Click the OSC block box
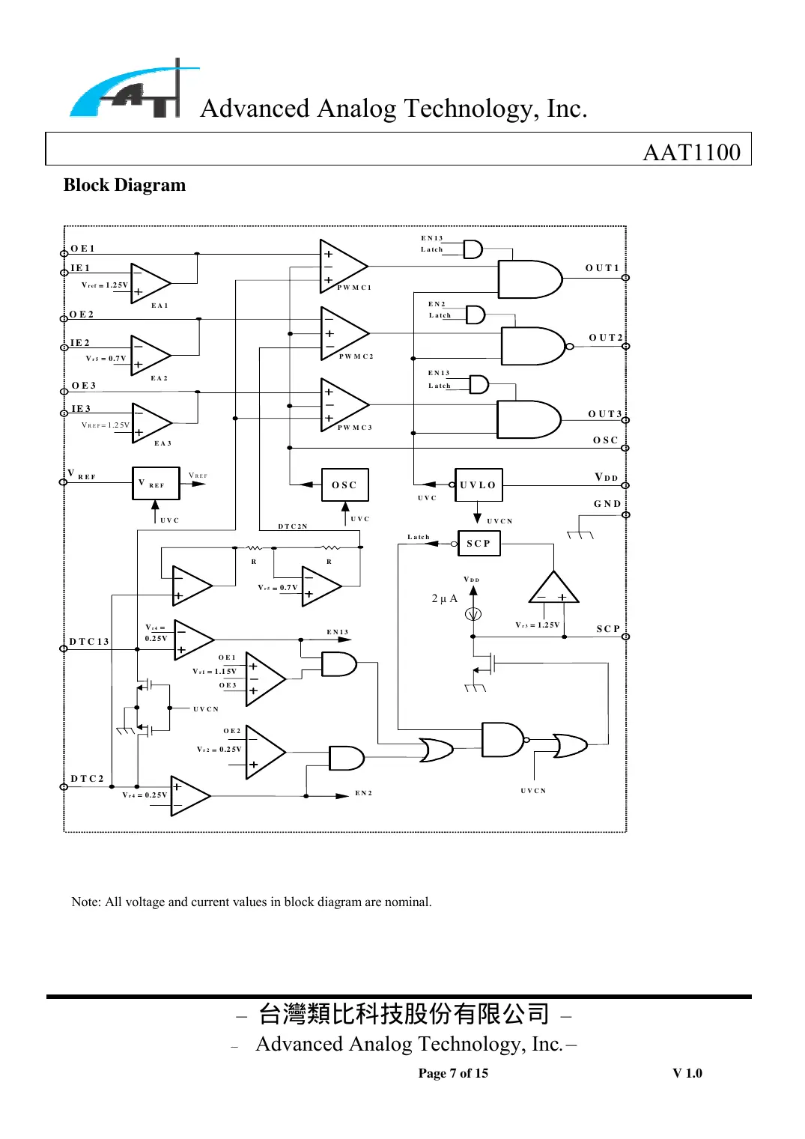344,485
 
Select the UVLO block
479,485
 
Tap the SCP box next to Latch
479,544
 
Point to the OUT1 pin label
602,268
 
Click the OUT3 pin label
604,414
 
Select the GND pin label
607,504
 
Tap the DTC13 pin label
89,642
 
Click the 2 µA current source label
444,599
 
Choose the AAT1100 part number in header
691,152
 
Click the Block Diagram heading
124,185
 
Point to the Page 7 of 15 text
453,1073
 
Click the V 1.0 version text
687,1073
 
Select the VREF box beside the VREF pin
156,484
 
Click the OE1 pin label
82,249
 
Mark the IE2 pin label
79,343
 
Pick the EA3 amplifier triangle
151,423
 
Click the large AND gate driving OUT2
531,346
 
